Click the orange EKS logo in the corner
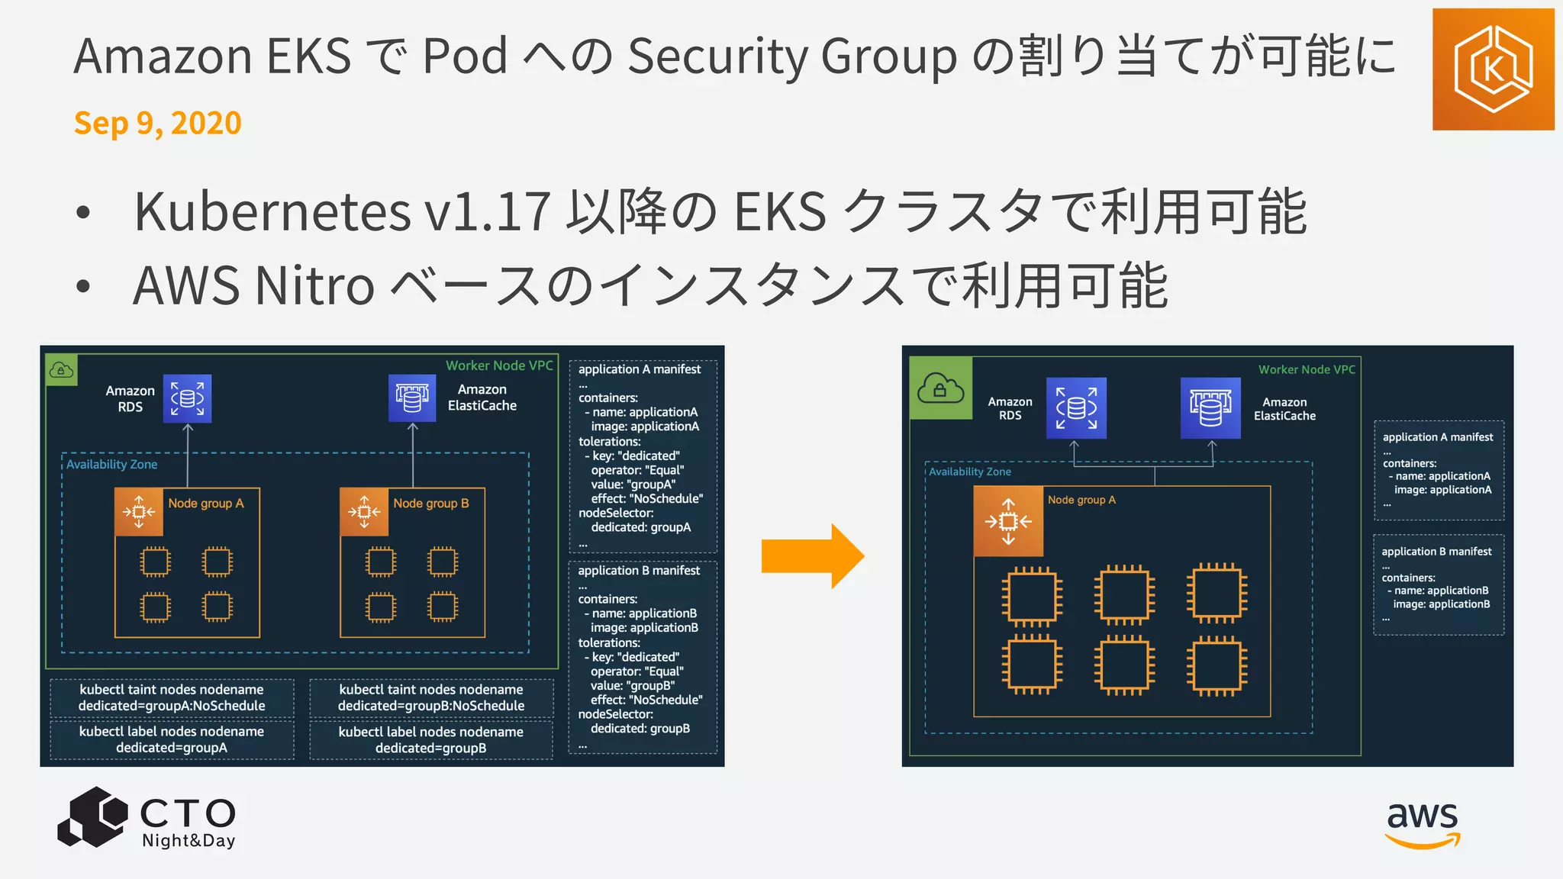pyautogui.click(x=1493, y=69)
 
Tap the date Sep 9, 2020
pyautogui.click(x=158, y=123)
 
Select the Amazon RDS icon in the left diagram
pyautogui.click(x=187, y=398)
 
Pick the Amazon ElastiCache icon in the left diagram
pyautogui.click(x=412, y=398)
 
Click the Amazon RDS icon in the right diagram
pyautogui.click(x=1076, y=408)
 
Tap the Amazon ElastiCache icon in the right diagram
pyautogui.click(x=1210, y=408)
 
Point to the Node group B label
pyautogui.click(x=431, y=504)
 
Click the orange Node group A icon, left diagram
pyautogui.click(x=138, y=512)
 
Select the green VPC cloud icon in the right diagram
pyautogui.click(x=941, y=388)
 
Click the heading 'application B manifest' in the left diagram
pyautogui.click(x=639, y=571)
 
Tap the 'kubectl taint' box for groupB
pyautogui.click(x=431, y=698)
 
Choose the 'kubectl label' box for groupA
pyautogui.click(x=172, y=739)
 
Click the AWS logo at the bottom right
pyautogui.click(x=1422, y=824)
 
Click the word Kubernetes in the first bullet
pyautogui.click(x=272, y=211)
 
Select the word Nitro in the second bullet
pyautogui.click(x=314, y=286)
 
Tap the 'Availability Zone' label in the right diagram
pyautogui.click(x=969, y=472)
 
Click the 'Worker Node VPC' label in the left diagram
pyautogui.click(x=499, y=365)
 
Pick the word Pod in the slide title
pyautogui.click(x=465, y=56)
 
